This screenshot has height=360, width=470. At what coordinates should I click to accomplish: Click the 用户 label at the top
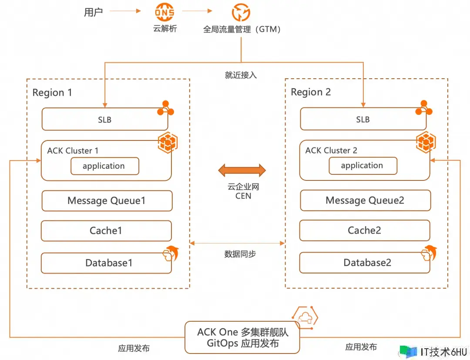[93, 12]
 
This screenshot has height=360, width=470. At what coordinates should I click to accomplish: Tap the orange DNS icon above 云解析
[165, 13]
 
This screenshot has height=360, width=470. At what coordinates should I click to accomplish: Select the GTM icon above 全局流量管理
[241, 13]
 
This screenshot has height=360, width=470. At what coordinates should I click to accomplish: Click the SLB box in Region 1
[104, 119]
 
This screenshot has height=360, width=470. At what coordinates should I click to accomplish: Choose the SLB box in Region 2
[363, 119]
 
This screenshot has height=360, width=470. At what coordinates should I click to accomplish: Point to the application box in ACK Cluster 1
[104, 166]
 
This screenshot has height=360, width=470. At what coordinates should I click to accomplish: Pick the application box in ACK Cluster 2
[363, 166]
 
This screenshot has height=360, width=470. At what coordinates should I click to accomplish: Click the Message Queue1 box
[107, 201]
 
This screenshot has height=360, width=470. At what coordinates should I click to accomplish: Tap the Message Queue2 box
[365, 200]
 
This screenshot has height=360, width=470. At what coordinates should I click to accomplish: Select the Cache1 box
[106, 230]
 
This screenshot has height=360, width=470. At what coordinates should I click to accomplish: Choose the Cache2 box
[365, 230]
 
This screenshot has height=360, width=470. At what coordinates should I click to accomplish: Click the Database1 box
[106, 263]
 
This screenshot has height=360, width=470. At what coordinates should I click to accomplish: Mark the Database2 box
[365, 263]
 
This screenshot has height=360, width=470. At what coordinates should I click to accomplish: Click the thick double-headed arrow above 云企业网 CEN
[242, 170]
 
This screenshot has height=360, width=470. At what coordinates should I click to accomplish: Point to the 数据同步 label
[240, 254]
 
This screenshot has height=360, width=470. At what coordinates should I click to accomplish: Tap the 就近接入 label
[241, 75]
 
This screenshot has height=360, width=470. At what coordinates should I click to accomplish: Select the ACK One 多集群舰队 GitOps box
[242, 338]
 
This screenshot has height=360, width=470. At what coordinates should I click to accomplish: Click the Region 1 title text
[52, 93]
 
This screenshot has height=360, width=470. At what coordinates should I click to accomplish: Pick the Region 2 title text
[311, 92]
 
